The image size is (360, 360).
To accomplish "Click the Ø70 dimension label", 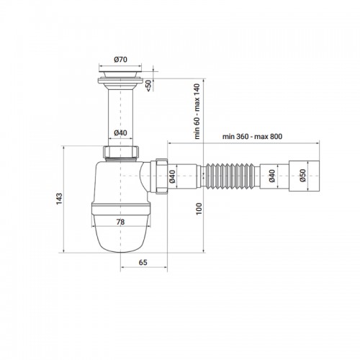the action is point(120,59).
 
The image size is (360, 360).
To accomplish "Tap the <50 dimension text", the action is point(149,86).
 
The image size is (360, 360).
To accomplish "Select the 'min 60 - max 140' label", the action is point(197,112).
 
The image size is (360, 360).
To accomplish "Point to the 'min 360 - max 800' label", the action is point(252,137).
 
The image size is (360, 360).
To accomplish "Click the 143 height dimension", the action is point(59,199).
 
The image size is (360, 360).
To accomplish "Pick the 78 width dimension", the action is point(120,222).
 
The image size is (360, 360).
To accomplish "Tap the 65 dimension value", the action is point(143,262).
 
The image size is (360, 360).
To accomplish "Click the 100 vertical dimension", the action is point(199,209).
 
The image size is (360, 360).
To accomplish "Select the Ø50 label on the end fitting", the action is point(302,176).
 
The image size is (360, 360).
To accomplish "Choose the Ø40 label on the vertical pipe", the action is point(120,132).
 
